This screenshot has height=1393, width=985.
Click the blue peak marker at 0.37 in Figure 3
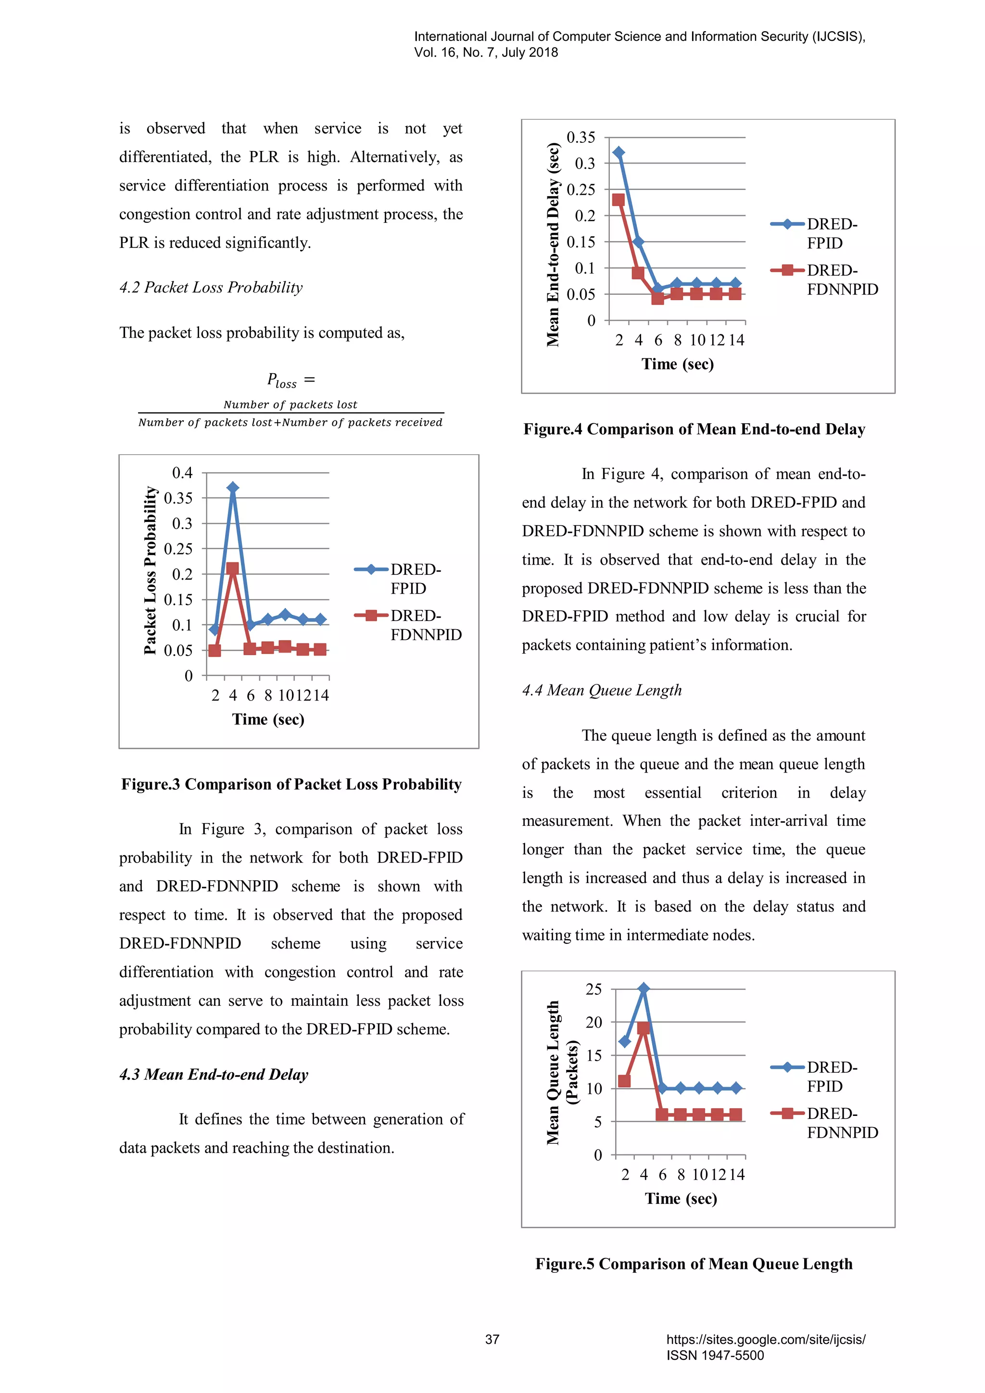click(x=233, y=488)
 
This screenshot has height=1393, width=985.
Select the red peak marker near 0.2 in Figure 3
click(x=232, y=569)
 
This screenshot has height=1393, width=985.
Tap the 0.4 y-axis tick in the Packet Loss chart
click(x=182, y=473)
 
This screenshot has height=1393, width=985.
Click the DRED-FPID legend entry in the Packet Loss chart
click(x=407, y=578)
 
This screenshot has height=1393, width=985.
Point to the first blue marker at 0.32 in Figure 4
click(x=619, y=152)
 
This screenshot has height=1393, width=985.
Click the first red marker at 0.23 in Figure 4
click(x=618, y=200)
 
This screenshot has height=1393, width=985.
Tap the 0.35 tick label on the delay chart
click(x=581, y=138)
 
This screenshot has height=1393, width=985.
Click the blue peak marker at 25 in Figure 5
click(x=644, y=988)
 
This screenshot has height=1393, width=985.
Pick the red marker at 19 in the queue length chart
click(x=644, y=1028)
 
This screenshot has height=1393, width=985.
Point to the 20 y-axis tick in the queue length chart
click(x=594, y=1022)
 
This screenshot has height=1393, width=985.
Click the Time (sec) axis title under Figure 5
click(x=681, y=1198)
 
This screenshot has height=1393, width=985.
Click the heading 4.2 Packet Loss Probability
click(x=211, y=288)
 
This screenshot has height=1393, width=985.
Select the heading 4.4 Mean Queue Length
click(x=602, y=690)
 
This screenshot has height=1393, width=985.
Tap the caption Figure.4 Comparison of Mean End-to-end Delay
click(x=694, y=430)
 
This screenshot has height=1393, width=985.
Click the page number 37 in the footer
click(x=492, y=1339)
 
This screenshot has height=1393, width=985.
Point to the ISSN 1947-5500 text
click(x=715, y=1355)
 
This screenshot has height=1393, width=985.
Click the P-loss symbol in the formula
click(x=282, y=380)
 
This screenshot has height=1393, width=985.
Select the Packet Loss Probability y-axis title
click(x=150, y=570)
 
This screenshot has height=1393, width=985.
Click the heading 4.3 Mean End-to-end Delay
click(x=214, y=1075)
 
